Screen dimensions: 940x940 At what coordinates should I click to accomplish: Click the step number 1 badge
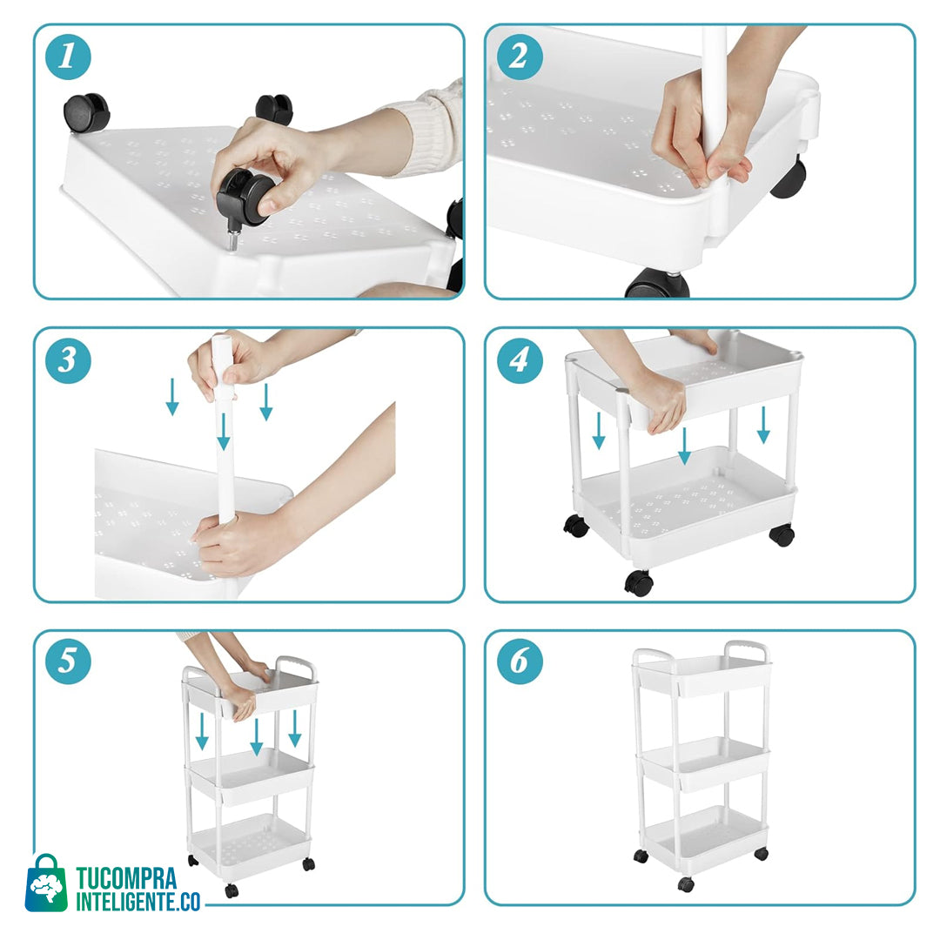pyautogui.click(x=68, y=57)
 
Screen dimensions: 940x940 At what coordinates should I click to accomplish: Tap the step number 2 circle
pyautogui.click(x=520, y=57)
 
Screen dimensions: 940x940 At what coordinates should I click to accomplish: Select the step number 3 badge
pyautogui.click(x=68, y=360)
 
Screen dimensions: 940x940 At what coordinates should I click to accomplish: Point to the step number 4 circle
pyautogui.click(x=520, y=360)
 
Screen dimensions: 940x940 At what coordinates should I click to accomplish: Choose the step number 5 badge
pyautogui.click(x=68, y=661)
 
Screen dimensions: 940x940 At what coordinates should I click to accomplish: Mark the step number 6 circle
pyautogui.click(x=520, y=661)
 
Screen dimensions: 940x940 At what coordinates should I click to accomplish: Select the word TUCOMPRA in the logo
pyautogui.click(x=126, y=878)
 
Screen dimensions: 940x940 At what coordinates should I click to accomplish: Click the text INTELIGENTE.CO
pyautogui.click(x=138, y=901)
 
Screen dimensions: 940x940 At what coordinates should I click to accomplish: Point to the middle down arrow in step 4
pyautogui.click(x=684, y=446)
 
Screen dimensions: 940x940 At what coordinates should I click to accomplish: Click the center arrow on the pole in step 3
pyautogui.click(x=224, y=431)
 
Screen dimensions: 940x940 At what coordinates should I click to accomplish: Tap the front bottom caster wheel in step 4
pyautogui.click(x=639, y=582)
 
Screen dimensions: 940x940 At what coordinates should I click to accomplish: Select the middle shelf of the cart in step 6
pyautogui.click(x=702, y=763)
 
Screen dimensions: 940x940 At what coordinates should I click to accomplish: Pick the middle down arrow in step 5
pyautogui.click(x=257, y=736)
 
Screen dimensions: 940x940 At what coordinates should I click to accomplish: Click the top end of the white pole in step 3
pyautogui.click(x=221, y=338)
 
